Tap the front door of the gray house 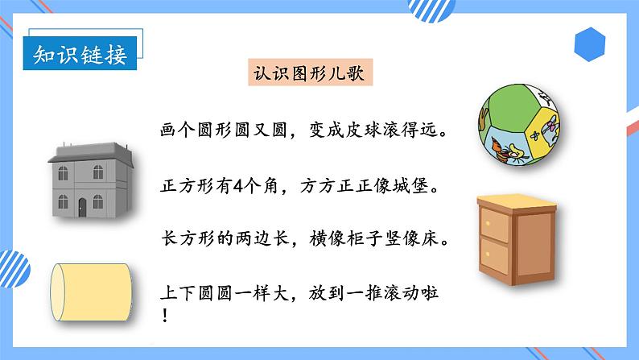(x=81, y=207)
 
